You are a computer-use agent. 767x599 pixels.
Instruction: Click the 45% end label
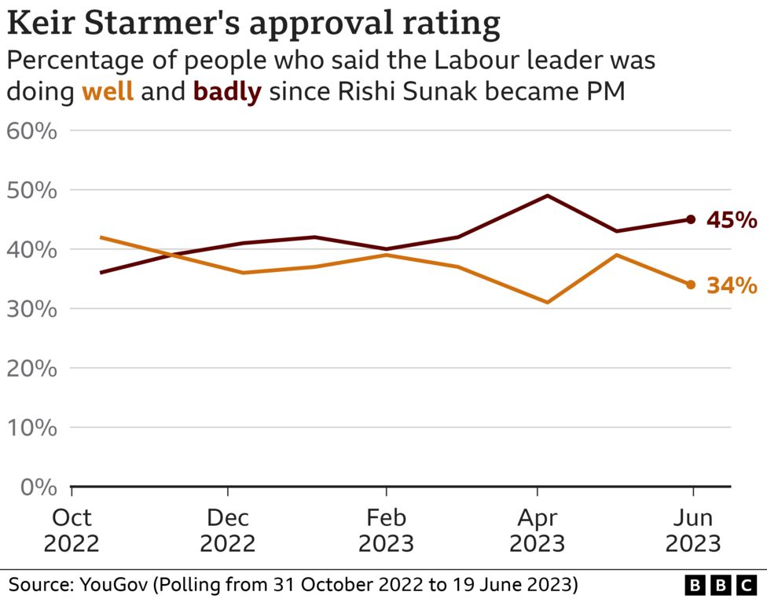point(732,221)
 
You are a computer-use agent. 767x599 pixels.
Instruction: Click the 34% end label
point(732,285)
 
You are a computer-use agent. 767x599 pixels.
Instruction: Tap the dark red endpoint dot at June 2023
point(691,219)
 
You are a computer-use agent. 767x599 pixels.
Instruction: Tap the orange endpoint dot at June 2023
point(691,285)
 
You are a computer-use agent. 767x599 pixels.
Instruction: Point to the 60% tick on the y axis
point(32,130)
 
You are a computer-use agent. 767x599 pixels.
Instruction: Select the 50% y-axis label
point(32,190)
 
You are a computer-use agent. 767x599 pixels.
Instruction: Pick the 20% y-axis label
point(32,368)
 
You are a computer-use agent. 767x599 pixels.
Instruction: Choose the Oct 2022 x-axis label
point(72,531)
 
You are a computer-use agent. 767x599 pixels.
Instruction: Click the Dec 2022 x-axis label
point(228,531)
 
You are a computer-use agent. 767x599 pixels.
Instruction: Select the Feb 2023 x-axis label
point(386,531)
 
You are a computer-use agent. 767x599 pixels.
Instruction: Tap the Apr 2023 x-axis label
point(538,531)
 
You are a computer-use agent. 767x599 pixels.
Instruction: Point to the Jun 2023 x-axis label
point(692,531)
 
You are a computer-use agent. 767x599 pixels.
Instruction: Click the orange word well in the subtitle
point(108,92)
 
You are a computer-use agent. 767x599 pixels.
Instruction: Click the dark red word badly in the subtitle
point(227,92)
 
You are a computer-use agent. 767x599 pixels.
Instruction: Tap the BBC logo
point(720,585)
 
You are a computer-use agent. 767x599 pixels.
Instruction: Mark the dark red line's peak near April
point(547,196)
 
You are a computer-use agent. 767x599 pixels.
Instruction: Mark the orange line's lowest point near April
point(547,302)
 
